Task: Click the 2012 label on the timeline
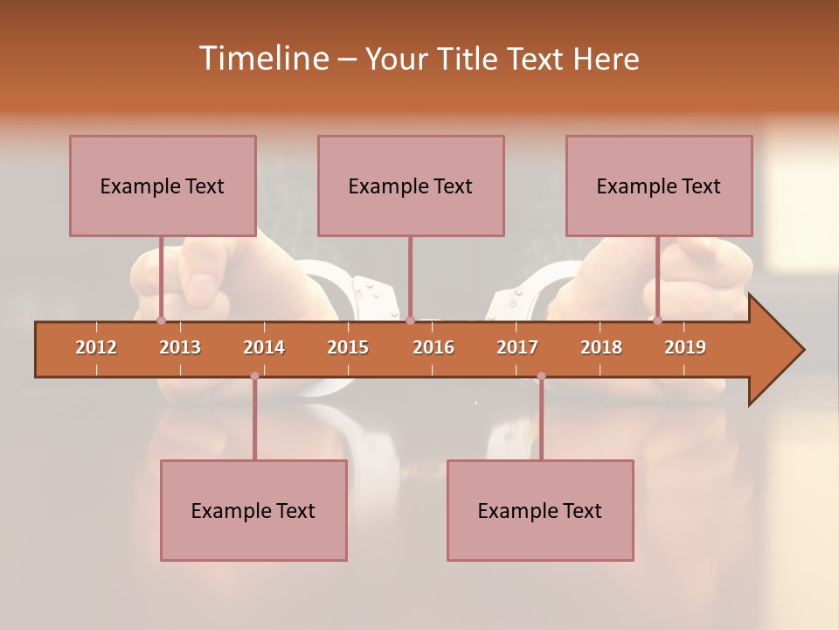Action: [x=96, y=347]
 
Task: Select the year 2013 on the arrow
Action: [x=180, y=347]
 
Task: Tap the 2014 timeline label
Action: [x=264, y=347]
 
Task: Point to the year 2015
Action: [x=348, y=347]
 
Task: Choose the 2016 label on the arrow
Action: [x=433, y=347]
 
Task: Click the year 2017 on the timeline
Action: [x=517, y=347]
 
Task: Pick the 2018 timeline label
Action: [x=601, y=347]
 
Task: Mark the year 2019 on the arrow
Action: [x=685, y=347]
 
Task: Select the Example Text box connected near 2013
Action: [x=163, y=185]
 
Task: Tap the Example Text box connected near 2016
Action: [x=411, y=185]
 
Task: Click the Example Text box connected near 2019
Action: [x=659, y=185]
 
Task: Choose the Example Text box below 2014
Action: [x=253, y=510]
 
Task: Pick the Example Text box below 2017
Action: [x=540, y=510]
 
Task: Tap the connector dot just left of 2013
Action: [x=161, y=320]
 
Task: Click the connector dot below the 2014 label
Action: [x=254, y=376]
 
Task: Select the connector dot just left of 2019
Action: [x=657, y=320]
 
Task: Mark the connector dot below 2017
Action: [x=541, y=376]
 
